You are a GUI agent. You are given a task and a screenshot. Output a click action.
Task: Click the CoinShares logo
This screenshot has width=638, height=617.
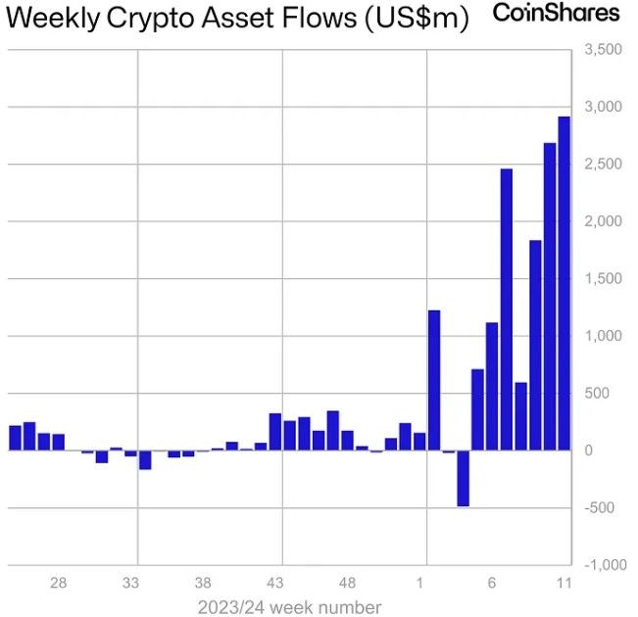click(x=556, y=14)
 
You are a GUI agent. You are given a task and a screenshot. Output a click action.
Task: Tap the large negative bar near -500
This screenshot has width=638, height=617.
click(x=463, y=478)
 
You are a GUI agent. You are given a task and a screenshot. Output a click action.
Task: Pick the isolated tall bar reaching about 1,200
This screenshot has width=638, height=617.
click(x=434, y=380)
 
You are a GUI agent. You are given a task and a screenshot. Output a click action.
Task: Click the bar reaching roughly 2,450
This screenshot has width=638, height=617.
click(x=507, y=309)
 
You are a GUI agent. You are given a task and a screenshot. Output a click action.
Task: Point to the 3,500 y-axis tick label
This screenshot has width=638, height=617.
click(x=602, y=49)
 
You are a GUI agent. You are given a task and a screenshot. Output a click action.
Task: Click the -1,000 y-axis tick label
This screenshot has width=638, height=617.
click(x=600, y=565)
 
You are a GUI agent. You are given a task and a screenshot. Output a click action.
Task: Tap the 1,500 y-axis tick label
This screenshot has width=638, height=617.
click(x=602, y=279)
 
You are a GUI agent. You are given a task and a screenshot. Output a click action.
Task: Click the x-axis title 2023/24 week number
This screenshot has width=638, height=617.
click(x=289, y=606)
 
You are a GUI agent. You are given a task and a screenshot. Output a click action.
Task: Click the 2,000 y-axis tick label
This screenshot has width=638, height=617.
click(x=602, y=221)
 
